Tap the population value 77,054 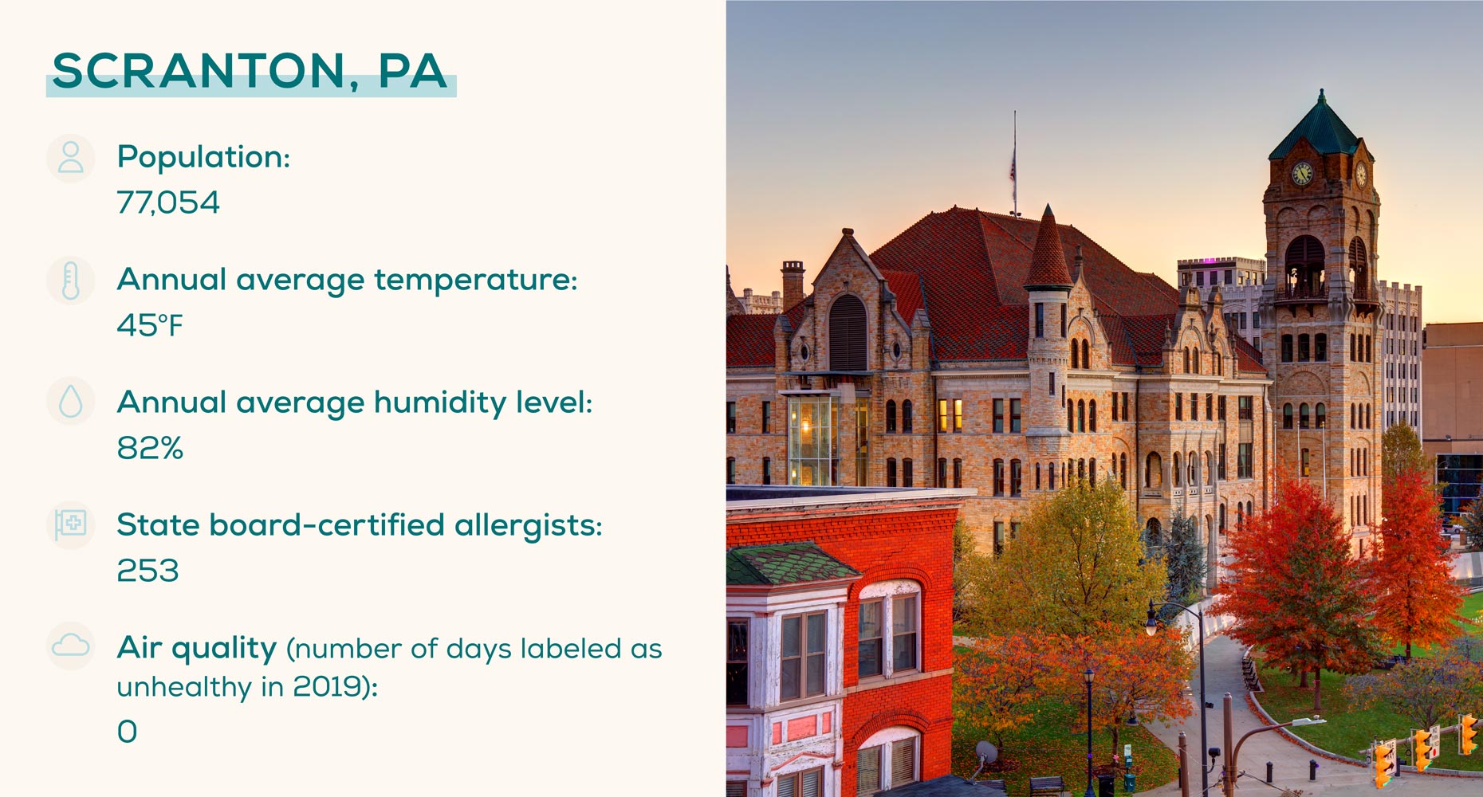coord(168,202)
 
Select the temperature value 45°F coord(150,325)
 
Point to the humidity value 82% coord(150,448)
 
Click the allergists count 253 coord(148,571)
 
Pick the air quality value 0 coord(127,731)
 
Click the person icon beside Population coord(71,158)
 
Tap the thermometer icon coord(71,281)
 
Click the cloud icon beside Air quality coord(71,645)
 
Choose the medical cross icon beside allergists coord(71,524)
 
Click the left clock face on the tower coord(1301,173)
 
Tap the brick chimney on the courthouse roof coord(793,284)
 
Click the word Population coord(203,158)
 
